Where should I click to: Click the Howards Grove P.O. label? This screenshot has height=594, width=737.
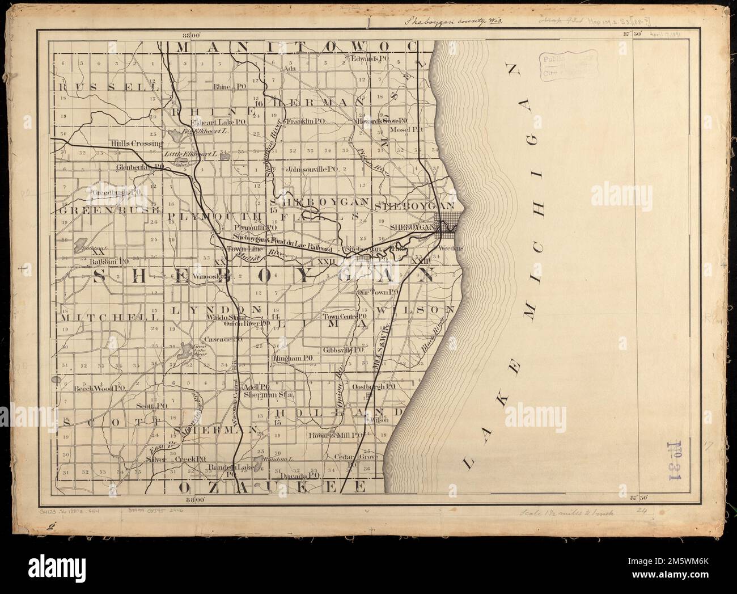381,121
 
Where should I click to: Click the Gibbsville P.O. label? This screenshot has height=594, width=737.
343,351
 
